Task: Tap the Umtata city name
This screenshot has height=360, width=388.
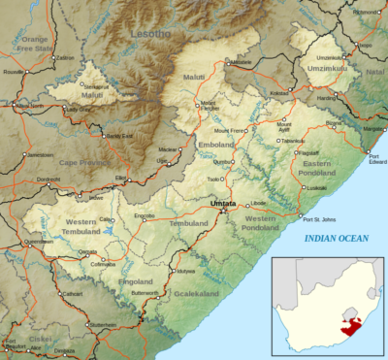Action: tap(223, 205)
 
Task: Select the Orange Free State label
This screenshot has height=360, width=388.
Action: tap(32, 43)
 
